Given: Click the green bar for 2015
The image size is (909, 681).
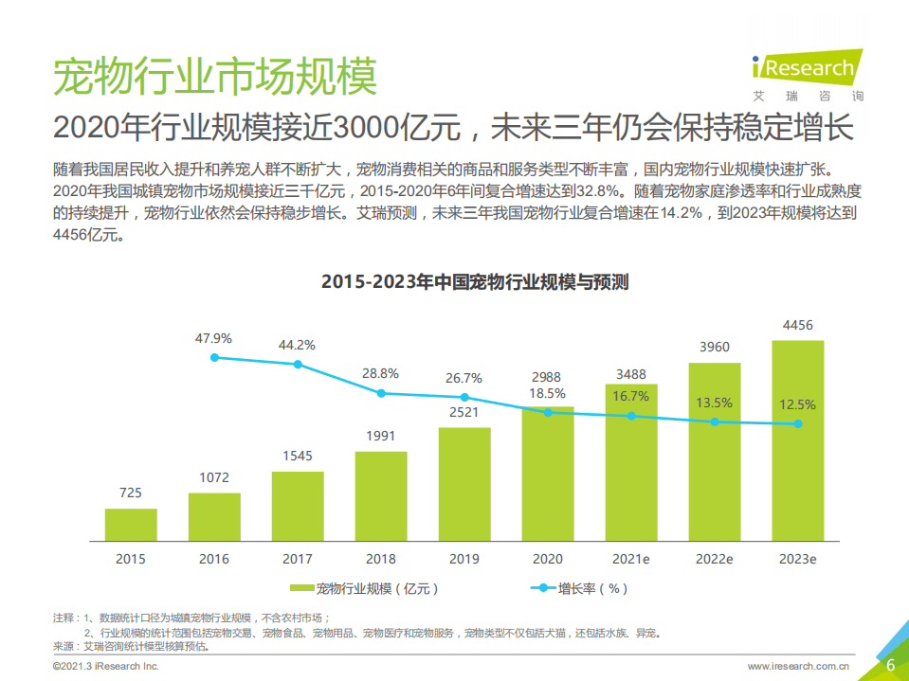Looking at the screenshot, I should click(131, 524).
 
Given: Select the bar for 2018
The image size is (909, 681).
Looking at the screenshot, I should click(381, 495).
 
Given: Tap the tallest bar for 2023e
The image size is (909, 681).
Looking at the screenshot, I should click(797, 440).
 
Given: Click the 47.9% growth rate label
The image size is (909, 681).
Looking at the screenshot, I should click(214, 338).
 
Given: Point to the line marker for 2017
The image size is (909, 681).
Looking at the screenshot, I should click(298, 365).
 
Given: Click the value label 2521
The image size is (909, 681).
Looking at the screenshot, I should click(464, 412).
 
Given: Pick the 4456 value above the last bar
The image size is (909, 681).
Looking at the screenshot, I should click(797, 326).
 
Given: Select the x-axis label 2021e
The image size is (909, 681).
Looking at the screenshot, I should click(630, 559).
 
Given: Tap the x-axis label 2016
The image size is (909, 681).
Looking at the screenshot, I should click(214, 559).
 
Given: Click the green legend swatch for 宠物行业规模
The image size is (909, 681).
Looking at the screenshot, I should click(301, 588).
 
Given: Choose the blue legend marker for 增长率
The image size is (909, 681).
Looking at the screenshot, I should click(542, 588).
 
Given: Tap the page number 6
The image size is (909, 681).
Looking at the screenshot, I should click(890, 665).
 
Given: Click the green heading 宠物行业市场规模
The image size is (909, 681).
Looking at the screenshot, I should click(214, 76).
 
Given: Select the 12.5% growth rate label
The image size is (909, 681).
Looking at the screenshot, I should click(797, 404).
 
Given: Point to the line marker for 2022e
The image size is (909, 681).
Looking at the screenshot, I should click(714, 421).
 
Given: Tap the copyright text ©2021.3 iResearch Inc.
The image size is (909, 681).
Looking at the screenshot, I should click(105, 667).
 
